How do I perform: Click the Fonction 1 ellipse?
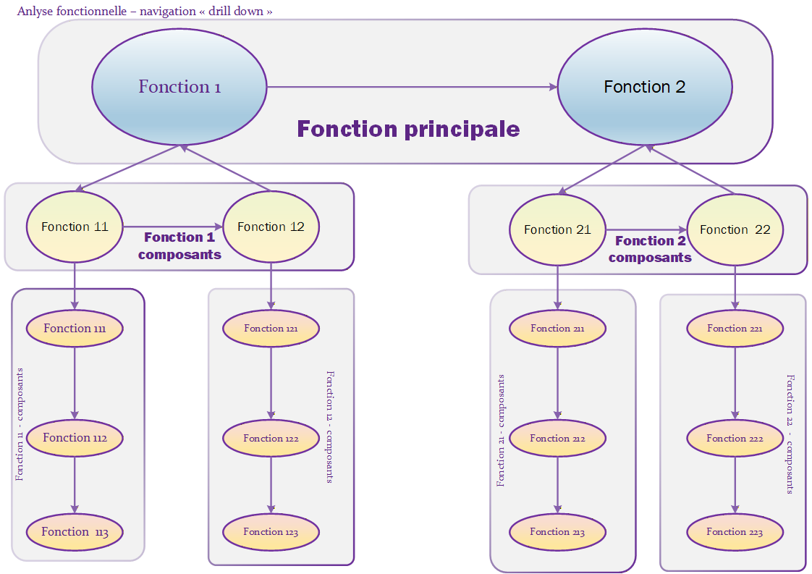(179, 87)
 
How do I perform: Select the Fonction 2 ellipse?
(644, 87)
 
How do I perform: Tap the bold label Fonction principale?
(408, 130)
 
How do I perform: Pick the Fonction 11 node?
(75, 227)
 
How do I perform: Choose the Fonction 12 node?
(271, 227)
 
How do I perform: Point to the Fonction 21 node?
(557, 230)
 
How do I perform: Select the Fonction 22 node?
(735, 230)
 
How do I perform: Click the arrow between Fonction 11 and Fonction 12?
(172, 227)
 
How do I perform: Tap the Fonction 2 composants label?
(650, 249)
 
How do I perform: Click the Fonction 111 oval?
(75, 329)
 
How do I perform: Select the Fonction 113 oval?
(75, 532)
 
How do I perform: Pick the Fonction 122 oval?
(271, 438)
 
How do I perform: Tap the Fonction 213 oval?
(557, 532)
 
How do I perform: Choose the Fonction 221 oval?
(735, 329)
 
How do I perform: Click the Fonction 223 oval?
(735, 532)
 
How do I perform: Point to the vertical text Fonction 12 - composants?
(330, 427)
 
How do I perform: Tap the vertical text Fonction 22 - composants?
(790, 434)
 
